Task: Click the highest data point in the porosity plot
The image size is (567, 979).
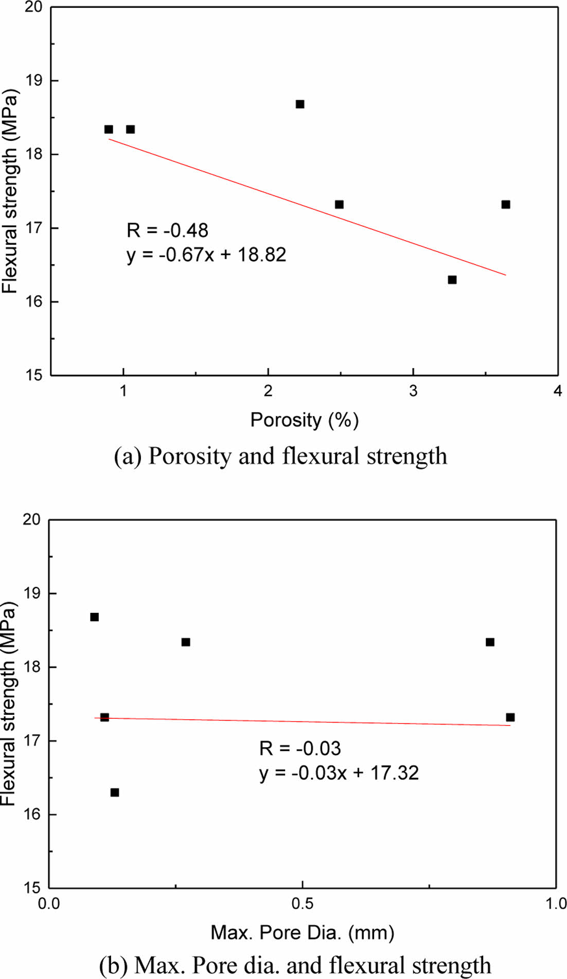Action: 300,104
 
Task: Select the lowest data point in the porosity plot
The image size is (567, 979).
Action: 452,280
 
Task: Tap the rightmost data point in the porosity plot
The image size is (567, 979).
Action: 506,205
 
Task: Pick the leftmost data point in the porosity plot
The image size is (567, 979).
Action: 109,129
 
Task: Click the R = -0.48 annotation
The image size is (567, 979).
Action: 167,230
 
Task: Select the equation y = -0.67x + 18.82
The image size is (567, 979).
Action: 206,255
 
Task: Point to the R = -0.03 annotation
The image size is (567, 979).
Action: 300,748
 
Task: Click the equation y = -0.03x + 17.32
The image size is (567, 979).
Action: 339,772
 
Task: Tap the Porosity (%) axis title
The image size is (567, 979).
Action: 304,420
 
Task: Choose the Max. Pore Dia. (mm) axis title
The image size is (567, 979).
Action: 303,932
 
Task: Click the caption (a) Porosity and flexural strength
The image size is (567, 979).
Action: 281,456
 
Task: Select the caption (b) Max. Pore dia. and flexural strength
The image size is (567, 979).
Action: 294,966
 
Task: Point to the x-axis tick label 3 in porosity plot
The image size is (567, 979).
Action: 413,391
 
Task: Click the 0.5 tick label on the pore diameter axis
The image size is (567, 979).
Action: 303,903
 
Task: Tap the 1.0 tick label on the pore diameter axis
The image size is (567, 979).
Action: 556,903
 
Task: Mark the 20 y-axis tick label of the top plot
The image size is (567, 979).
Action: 34,8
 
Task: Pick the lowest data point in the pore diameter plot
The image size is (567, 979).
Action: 115,792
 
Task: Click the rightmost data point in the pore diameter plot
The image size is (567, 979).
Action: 510,717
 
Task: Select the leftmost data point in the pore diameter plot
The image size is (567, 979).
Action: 95,617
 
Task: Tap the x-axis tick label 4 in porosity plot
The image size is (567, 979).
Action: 558,391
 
